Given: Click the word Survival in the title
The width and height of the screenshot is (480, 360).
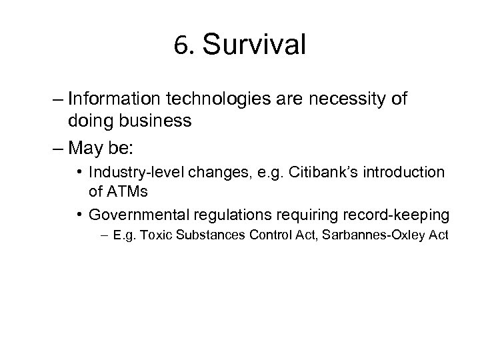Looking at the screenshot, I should coord(254,45).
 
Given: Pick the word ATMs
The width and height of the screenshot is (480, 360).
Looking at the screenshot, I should coord(126,191).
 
